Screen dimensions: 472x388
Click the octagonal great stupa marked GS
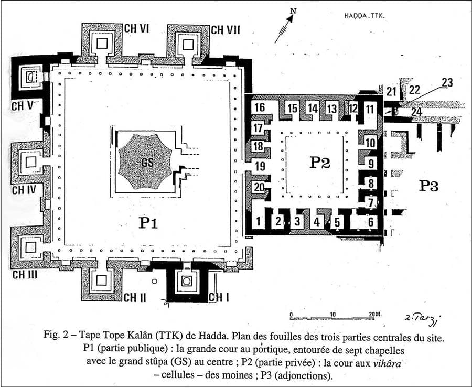point(145,161)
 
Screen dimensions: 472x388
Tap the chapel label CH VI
point(136,29)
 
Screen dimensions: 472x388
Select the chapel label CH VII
point(226,30)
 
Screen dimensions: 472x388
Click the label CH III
point(25,275)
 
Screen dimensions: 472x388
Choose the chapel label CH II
point(135,297)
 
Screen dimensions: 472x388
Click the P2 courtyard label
point(320,163)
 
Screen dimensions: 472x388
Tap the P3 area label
point(429,186)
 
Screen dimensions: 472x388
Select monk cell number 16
point(260,107)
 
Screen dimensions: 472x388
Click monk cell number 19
point(260,166)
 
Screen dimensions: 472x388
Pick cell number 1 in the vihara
point(258,221)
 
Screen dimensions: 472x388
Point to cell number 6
point(371,222)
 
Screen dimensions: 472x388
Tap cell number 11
point(369,109)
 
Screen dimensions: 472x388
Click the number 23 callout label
point(447,82)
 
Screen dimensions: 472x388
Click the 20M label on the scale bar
point(375,314)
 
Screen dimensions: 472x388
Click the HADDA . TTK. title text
point(364,16)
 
